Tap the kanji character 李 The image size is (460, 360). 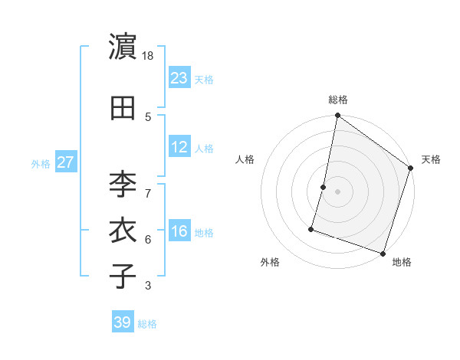tap(122, 184)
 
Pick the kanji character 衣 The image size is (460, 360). tap(122, 231)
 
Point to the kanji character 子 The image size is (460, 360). tap(122, 276)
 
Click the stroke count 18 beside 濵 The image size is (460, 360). tap(149, 56)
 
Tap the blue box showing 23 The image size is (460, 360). tap(179, 77)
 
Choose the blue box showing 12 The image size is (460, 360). tap(179, 147)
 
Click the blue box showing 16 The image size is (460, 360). tap(179, 231)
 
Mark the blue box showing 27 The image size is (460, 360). tap(66, 162)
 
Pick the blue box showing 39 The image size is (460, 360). tap(122, 322)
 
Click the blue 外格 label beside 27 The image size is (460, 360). tap(41, 163)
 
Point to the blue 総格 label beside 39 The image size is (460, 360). tap(147, 324)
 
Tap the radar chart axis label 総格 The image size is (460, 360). tap(338, 100)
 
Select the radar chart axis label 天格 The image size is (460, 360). tap(431, 159)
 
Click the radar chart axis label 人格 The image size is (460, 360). tap(245, 159)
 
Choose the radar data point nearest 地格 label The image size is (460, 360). tap(382, 253)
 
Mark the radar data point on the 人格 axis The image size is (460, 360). tap(324, 187)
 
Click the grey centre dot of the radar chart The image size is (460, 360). tap(338, 191)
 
